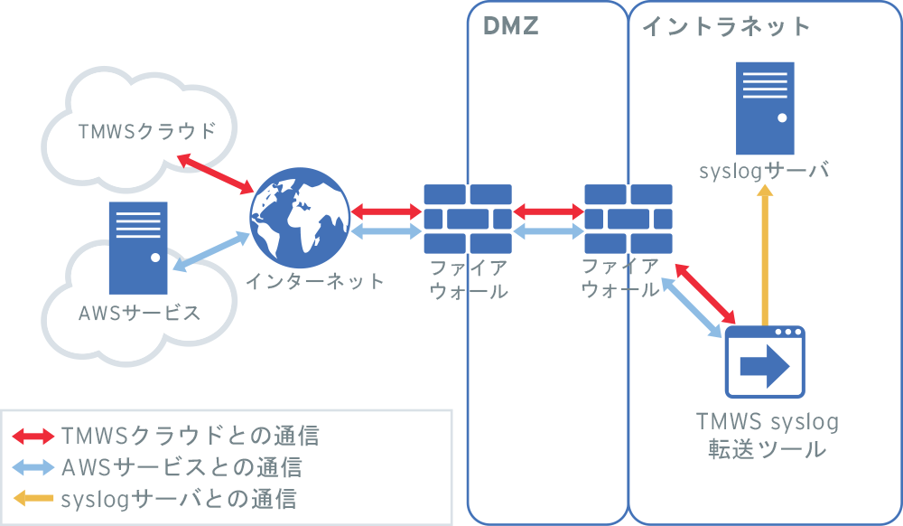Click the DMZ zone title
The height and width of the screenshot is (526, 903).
coord(511,26)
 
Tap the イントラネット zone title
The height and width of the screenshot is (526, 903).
coord(726,26)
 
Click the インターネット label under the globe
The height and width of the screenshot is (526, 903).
coord(315,281)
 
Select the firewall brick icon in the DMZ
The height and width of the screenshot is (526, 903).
coord(467,219)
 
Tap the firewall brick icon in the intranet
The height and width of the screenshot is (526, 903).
coord(628,219)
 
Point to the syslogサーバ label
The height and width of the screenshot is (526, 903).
coord(764,172)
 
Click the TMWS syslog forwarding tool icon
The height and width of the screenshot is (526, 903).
coord(765,362)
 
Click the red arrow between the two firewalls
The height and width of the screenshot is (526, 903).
coord(547,212)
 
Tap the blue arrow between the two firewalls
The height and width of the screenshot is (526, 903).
coord(547,231)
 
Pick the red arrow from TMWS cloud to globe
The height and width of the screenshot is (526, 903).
coord(215,174)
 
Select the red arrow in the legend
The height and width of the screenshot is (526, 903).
coord(33,437)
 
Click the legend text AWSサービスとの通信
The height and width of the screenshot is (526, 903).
coord(181,467)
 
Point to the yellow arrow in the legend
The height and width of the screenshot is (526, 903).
coord(33,497)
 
